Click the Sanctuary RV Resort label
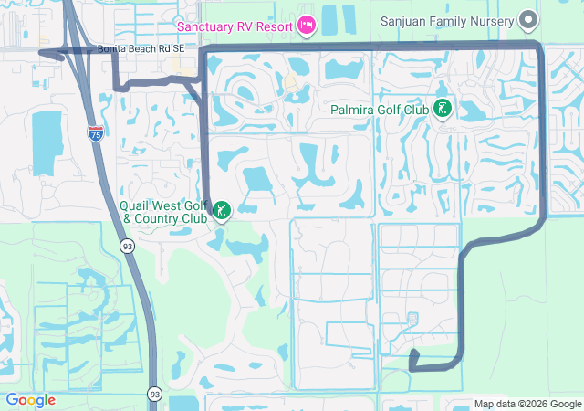tap(235, 26)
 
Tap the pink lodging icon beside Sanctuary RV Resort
tap(307, 26)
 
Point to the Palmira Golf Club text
tap(380, 110)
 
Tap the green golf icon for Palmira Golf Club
tap(443, 110)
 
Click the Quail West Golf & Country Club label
tap(164, 213)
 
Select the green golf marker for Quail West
tap(222, 213)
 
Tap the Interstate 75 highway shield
tap(96, 133)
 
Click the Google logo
tap(30, 400)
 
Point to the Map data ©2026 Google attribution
tap(527, 404)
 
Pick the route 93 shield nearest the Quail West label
tap(126, 247)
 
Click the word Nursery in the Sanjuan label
tap(490, 19)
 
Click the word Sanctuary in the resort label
tap(208, 26)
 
